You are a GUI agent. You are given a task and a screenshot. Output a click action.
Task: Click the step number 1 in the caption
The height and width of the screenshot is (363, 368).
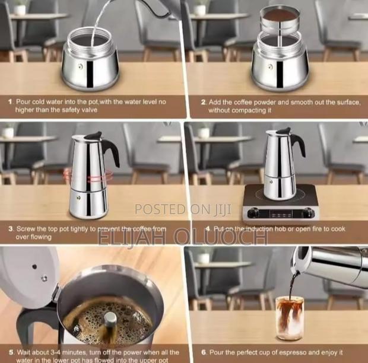pyautogui.click(x=10, y=102)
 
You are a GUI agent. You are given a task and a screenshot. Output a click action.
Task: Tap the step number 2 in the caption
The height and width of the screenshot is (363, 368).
pyautogui.click(x=203, y=102)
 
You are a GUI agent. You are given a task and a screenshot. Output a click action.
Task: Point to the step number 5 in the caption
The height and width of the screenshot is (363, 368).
pyautogui.click(x=10, y=351)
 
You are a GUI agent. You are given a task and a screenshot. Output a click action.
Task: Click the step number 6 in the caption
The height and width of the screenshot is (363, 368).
pyautogui.click(x=203, y=351)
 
